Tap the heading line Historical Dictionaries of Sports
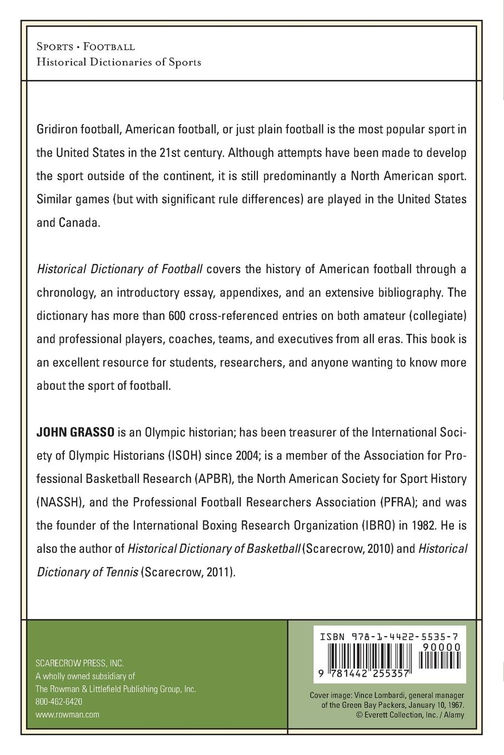coord(118,62)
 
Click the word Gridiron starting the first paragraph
coord(56,129)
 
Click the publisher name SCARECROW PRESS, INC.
coord(79,663)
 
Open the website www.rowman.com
coord(67,714)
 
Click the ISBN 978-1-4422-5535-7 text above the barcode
coord(390,638)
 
